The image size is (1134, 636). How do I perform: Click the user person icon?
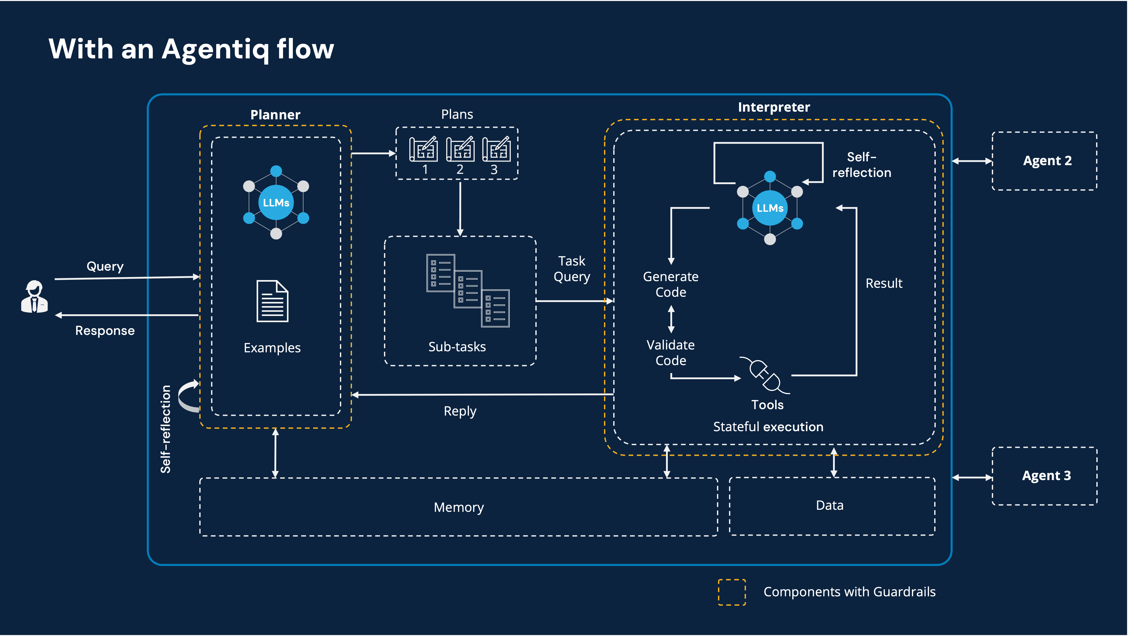(x=34, y=297)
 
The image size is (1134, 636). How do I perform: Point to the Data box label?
(x=829, y=505)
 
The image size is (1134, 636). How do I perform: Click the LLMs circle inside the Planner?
(x=276, y=203)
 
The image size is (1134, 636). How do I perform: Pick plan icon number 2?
(x=460, y=150)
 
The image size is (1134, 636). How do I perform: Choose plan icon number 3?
(x=496, y=150)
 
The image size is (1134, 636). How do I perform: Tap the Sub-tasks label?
(x=457, y=347)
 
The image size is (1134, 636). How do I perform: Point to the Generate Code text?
(x=670, y=284)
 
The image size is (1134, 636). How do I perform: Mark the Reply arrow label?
(x=460, y=411)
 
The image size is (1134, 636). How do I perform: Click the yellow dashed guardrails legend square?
(x=732, y=592)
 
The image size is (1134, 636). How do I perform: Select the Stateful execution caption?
(x=768, y=427)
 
